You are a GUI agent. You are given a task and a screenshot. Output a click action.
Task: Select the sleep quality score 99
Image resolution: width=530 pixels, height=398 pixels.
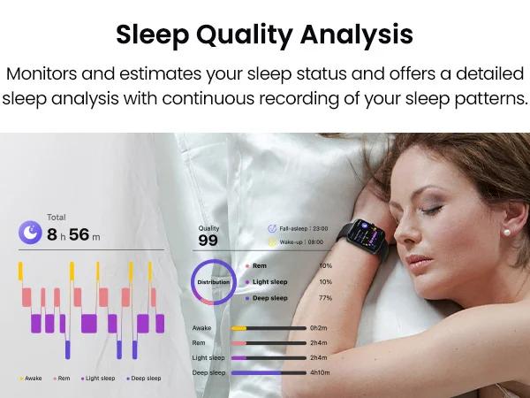point(208,241)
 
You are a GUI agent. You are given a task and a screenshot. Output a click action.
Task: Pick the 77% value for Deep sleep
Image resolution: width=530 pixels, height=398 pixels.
point(325,299)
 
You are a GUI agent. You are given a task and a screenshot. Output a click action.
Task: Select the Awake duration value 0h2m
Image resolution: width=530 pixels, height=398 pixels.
point(319,328)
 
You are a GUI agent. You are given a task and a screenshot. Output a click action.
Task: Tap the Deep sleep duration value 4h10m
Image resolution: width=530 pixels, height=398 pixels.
point(321,373)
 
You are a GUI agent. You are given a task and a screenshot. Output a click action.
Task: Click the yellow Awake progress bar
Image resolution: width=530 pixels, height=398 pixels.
point(238,328)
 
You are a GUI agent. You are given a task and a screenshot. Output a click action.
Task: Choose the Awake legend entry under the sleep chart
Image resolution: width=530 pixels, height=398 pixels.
point(30,379)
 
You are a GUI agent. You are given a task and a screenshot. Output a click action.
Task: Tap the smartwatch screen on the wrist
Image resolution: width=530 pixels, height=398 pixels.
point(365,232)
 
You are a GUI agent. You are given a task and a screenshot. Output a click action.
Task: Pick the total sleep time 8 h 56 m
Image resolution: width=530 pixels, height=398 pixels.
point(73,234)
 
